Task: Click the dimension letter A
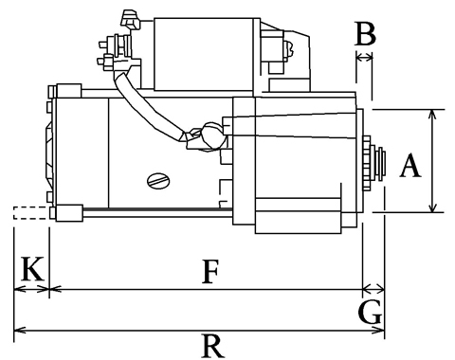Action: pos(410,165)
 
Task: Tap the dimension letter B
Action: pos(365,33)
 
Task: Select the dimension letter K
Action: pos(32,268)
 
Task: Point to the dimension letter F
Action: pos(210,272)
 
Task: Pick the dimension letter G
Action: pos(371,313)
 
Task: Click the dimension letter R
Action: pos(213,346)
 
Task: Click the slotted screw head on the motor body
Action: pos(158,181)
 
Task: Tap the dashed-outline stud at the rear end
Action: pos(31,212)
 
